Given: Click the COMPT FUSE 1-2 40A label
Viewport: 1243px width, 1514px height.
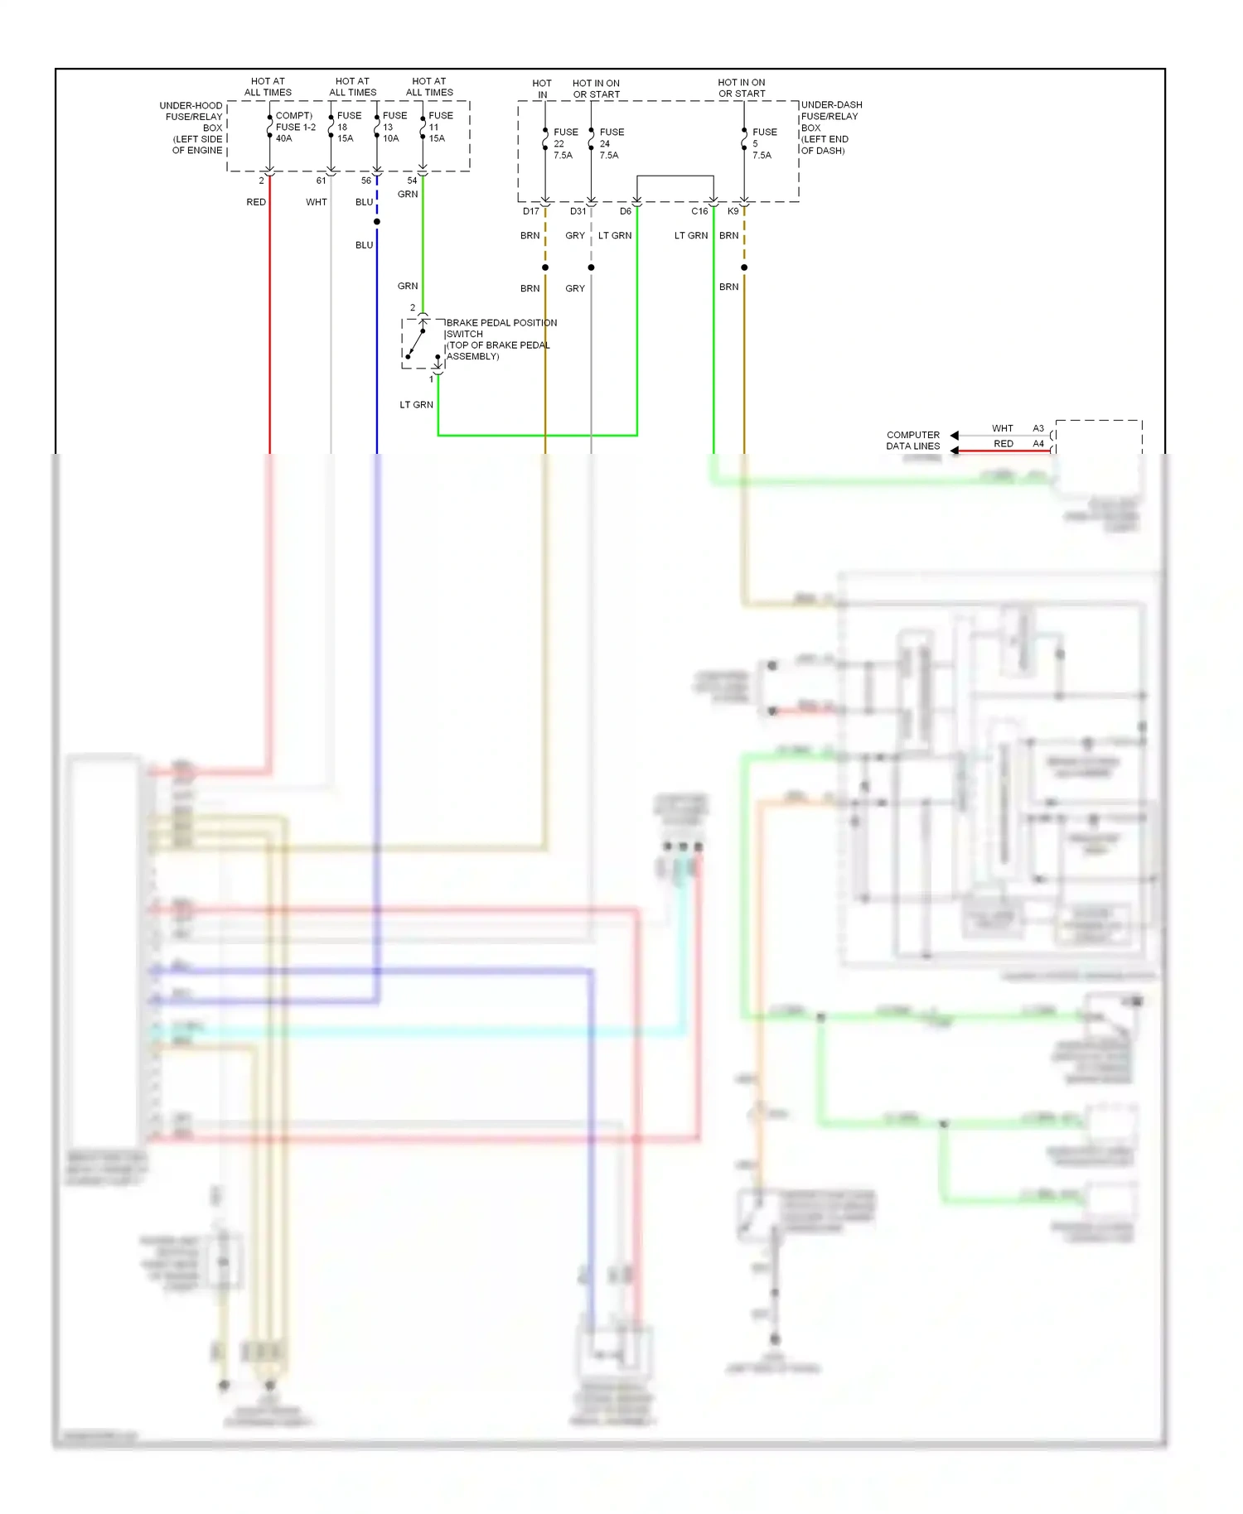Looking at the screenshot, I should click(295, 127).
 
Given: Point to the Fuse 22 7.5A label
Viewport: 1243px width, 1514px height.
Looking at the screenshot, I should click(565, 143).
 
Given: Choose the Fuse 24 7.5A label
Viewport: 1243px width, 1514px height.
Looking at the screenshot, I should click(612, 143).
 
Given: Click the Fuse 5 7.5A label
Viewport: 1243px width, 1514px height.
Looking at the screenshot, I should click(764, 143).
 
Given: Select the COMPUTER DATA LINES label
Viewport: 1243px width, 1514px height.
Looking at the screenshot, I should click(912, 441).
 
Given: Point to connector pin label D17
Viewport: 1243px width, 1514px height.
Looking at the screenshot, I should click(531, 211).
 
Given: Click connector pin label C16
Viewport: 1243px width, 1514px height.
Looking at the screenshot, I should click(699, 211).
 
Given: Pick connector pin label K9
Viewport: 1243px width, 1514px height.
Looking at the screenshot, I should click(733, 211).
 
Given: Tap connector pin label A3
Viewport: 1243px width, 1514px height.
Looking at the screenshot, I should click(1037, 428).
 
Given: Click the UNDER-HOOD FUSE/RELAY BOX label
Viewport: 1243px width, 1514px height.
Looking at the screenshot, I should click(193, 128).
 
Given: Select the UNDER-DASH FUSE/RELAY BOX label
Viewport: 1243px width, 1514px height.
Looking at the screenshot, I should click(831, 128).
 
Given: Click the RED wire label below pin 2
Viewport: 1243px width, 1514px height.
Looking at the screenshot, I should click(256, 202).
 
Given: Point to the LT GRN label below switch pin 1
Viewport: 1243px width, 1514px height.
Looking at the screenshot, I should click(416, 405).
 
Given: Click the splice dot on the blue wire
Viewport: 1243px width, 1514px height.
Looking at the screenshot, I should click(377, 222).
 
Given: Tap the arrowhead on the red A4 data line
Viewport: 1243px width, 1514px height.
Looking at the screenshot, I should click(955, 451).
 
